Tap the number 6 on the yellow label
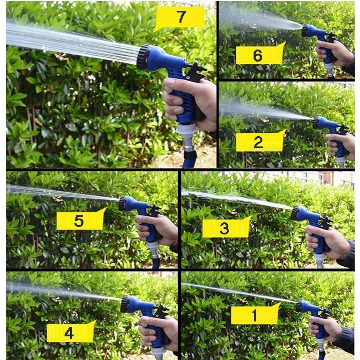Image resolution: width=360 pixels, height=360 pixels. click(258, 55)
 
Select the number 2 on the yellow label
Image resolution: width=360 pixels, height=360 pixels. click(258, 142)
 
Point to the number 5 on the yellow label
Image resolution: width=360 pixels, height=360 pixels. click(79, 221)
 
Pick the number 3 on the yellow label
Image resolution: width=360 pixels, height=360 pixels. click(224, 228)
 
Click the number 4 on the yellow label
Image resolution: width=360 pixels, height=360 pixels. click(69, 333)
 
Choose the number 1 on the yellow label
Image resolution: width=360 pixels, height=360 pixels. click(254, 315)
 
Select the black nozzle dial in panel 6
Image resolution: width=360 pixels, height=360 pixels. click(305, 30)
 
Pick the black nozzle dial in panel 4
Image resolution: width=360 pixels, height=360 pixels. click(124, 304)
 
